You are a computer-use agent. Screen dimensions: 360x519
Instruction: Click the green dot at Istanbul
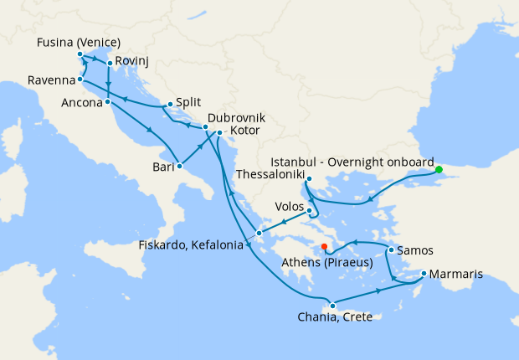(438, 170)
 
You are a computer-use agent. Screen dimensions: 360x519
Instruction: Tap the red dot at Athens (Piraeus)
(324, 246)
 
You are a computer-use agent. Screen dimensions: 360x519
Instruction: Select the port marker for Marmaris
(424, 274)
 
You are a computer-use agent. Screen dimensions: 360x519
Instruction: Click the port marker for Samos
(390, 250)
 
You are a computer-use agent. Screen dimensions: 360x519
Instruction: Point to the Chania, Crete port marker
(332, 305)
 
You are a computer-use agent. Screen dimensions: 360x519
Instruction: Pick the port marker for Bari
(179, 166)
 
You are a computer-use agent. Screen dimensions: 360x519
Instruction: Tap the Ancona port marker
(108, 102)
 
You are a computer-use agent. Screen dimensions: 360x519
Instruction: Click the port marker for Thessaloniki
(309, 178)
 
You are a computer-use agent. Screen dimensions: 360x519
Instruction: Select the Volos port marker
(309, 210)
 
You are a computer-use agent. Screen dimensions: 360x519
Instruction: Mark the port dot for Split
(170, 105)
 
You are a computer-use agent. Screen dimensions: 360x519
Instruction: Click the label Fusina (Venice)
(80, 43)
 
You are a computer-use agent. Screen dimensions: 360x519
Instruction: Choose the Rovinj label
(134, 63)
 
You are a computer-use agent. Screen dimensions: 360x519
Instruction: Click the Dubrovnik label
(236, 119)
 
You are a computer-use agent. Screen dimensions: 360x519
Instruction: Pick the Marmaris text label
(463, 274)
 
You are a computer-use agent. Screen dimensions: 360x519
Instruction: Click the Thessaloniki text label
(269, 175)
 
